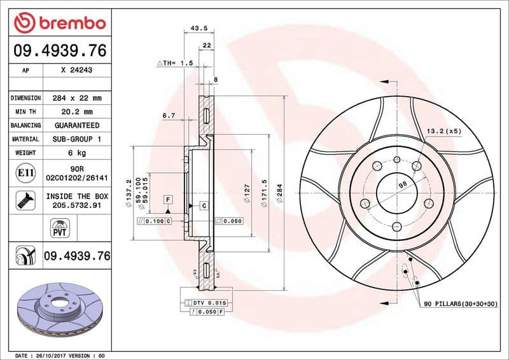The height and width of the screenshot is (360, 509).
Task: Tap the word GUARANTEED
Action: [x=76, y=125]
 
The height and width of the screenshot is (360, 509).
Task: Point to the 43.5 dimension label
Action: [x=199, y=28]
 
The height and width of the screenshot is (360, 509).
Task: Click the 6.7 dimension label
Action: [x=169, y=116]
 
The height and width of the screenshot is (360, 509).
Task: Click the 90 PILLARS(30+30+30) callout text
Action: [x=461, y=305]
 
